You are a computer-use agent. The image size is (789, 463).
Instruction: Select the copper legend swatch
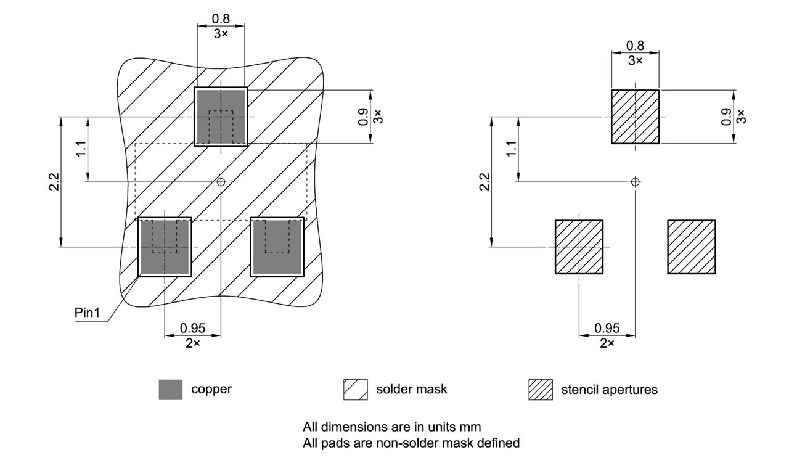click(171, 390)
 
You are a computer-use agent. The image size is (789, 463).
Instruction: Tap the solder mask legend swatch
click(355, 390)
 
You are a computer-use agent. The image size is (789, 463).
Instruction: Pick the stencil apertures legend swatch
click(541, 390)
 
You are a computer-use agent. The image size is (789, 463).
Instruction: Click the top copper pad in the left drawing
click(221, 117)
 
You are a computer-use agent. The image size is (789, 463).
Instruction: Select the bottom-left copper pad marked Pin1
click(165, 247)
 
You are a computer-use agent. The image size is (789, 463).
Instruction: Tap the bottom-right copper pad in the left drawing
click(277, 247)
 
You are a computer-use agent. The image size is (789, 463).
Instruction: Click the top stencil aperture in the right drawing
click(635, 117)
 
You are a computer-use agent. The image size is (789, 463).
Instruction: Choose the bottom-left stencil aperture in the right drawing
click(579, 247)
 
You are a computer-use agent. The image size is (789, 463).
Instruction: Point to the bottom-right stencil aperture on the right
click(691, 247)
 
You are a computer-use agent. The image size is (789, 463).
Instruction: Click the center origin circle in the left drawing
click(221, 182)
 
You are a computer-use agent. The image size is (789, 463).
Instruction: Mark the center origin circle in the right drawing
click(636, 182)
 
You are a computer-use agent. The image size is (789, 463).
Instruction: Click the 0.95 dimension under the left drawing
click(192, 328)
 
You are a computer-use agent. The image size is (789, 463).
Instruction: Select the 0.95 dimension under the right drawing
click(607, 328)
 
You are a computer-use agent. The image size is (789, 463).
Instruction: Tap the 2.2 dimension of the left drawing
click(54, 182)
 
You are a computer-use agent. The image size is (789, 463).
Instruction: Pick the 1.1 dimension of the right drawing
click(512, 149)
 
